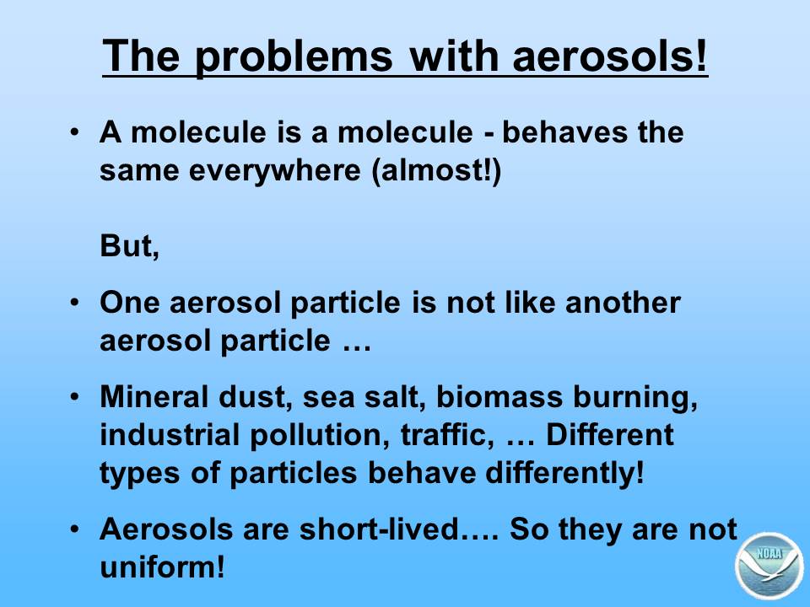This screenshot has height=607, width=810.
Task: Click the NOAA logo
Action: [x=769, y=566]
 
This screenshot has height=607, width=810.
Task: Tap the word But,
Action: [x=129, y=245]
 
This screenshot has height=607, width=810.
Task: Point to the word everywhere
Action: [x=274, y=169]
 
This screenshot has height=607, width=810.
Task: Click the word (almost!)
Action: [x=436, y=170]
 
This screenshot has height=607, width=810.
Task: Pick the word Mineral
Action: [x=154, y=397]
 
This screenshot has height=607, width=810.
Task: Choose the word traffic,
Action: [x=445, y=435]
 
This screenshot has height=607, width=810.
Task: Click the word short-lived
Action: [x=380, y=529]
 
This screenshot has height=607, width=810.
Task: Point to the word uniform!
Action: [x=162, y=567]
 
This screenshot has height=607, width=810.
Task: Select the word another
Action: [x=623, y=303]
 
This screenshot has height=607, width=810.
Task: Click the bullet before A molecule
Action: [x=75, y=132]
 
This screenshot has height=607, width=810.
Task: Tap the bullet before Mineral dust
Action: [x=75, y=396]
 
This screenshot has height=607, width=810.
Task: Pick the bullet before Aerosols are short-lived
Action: [x=75, y=529]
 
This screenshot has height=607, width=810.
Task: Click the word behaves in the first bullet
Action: [x=564, y=132]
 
